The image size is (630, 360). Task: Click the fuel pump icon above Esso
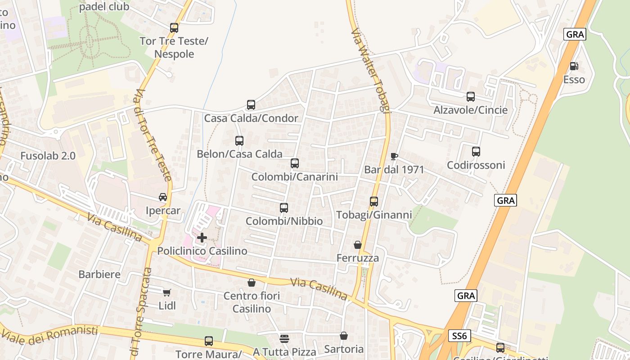[x=574, y=66]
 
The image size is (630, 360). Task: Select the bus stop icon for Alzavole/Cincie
[x=470, y=97]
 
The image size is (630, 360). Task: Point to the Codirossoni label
[x=476, y=165]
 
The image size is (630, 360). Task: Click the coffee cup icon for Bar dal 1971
[x=394, y=156]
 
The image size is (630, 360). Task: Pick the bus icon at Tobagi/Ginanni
[x=374, y=202]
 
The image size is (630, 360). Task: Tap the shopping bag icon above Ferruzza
[x=357, y=245]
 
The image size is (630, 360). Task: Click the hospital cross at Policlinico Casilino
[x=202, y=238]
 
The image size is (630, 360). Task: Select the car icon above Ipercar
[x=163, y=197]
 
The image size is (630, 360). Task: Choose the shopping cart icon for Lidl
[x=167, y=293]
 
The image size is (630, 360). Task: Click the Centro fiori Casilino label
[x=252, y=302]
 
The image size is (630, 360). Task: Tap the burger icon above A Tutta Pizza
[x=284, y=338]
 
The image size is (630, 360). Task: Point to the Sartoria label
[x=344, y=349]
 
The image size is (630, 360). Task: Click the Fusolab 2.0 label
[x=48, y=156]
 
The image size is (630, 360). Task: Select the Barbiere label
[x=99, y=274]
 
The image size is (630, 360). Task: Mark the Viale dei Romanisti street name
[x=49, y=336]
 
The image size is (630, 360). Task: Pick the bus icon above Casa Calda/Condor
[x=251, y=105]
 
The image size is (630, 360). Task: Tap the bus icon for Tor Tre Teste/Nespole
[x=174, y=28]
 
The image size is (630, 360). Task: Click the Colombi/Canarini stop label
[x=294, y=177]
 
